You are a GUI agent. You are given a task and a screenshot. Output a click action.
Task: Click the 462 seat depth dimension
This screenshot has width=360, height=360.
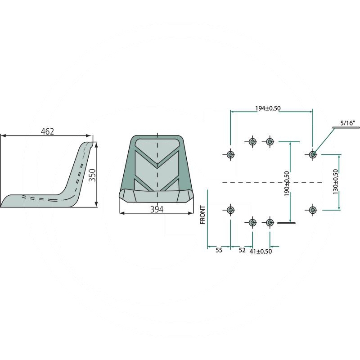[47, 131]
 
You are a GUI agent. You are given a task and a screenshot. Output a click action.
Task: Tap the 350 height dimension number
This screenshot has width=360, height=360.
[92, 175]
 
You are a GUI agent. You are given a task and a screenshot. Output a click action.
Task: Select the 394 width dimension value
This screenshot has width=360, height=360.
[157, 209]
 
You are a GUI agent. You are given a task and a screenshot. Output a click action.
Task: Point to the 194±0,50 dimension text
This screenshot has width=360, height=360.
[268, 108]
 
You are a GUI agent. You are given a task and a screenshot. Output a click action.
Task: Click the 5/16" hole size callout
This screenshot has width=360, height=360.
[348, 123]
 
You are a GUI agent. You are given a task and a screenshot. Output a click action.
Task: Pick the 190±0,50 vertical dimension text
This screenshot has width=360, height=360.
[287, 184]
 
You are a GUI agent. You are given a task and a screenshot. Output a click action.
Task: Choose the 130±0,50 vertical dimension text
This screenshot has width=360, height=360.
[335, 182]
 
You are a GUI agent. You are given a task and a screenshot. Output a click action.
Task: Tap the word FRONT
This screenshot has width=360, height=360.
[202, 215]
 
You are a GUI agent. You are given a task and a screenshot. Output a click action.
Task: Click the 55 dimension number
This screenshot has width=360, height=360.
[219, 250]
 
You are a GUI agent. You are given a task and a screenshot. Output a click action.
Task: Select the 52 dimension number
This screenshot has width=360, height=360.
[242, 250]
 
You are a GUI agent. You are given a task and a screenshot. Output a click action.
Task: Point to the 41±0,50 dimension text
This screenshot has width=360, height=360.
[261, 252]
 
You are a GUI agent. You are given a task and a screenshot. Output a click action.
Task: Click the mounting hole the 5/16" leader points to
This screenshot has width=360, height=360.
[312, 154]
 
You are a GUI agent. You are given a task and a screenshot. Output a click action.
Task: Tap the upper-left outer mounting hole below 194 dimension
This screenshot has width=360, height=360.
[230, 154]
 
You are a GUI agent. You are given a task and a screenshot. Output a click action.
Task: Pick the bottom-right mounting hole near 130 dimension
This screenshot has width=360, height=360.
[312, 210]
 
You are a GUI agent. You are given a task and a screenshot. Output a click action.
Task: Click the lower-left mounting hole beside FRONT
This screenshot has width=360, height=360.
[230, 210]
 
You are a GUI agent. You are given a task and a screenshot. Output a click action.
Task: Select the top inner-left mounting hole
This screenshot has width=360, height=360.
[252, 142]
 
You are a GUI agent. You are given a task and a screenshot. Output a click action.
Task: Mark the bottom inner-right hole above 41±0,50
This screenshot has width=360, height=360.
[270, 222]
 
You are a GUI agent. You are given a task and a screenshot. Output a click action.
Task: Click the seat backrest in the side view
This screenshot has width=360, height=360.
[79, 170]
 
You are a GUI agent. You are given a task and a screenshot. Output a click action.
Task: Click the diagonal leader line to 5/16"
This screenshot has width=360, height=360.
[324, 141]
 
